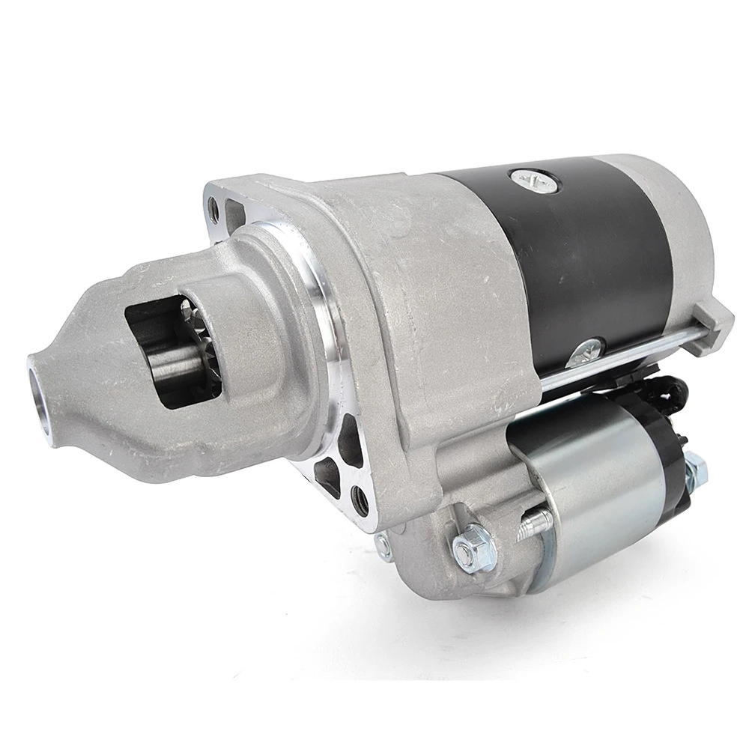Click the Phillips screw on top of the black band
[534, 180]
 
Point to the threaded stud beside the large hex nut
[534, 524]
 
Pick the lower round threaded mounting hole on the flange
[360, 500]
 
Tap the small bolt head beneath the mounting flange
[383, 547]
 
